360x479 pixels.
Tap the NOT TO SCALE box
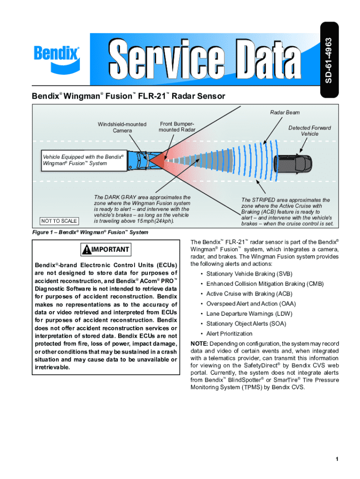[x=59, y=221]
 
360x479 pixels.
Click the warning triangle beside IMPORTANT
[x=86, y=250]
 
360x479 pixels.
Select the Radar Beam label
[x=285, y=112]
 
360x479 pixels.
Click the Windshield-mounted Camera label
[x=122, y=127]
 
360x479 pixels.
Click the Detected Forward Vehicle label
[x=309, y=131]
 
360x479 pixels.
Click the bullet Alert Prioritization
[x=229, y=334]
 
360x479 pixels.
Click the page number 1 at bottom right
[x=336, y=459]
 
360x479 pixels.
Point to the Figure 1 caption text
[x=90, y=232]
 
